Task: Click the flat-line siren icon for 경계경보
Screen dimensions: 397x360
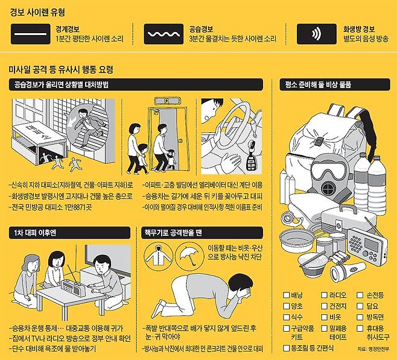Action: (30, 34)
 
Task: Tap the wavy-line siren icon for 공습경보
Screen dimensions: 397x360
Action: (164, 34)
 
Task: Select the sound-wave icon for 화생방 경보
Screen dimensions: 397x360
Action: (317, 34)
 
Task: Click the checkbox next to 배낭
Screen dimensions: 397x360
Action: (286, 295)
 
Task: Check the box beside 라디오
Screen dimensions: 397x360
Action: (325, 295)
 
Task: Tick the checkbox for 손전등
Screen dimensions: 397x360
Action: (360, 295)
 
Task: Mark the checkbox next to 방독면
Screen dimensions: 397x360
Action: (360, 317)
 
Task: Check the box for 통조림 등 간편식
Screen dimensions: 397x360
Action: (286, 348)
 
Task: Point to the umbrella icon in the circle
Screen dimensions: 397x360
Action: (189, 254)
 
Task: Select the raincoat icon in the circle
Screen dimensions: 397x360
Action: (159, 254)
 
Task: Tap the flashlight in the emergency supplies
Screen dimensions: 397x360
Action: (348, 272)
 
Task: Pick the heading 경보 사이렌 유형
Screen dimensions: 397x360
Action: (37, 13)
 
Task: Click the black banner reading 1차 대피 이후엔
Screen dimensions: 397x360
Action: (69, 233)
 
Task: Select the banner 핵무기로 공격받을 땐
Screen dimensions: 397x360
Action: (202, 233)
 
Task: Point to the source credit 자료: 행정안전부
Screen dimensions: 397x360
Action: (373, 349)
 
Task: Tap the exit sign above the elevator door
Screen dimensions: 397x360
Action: (168, 101)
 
